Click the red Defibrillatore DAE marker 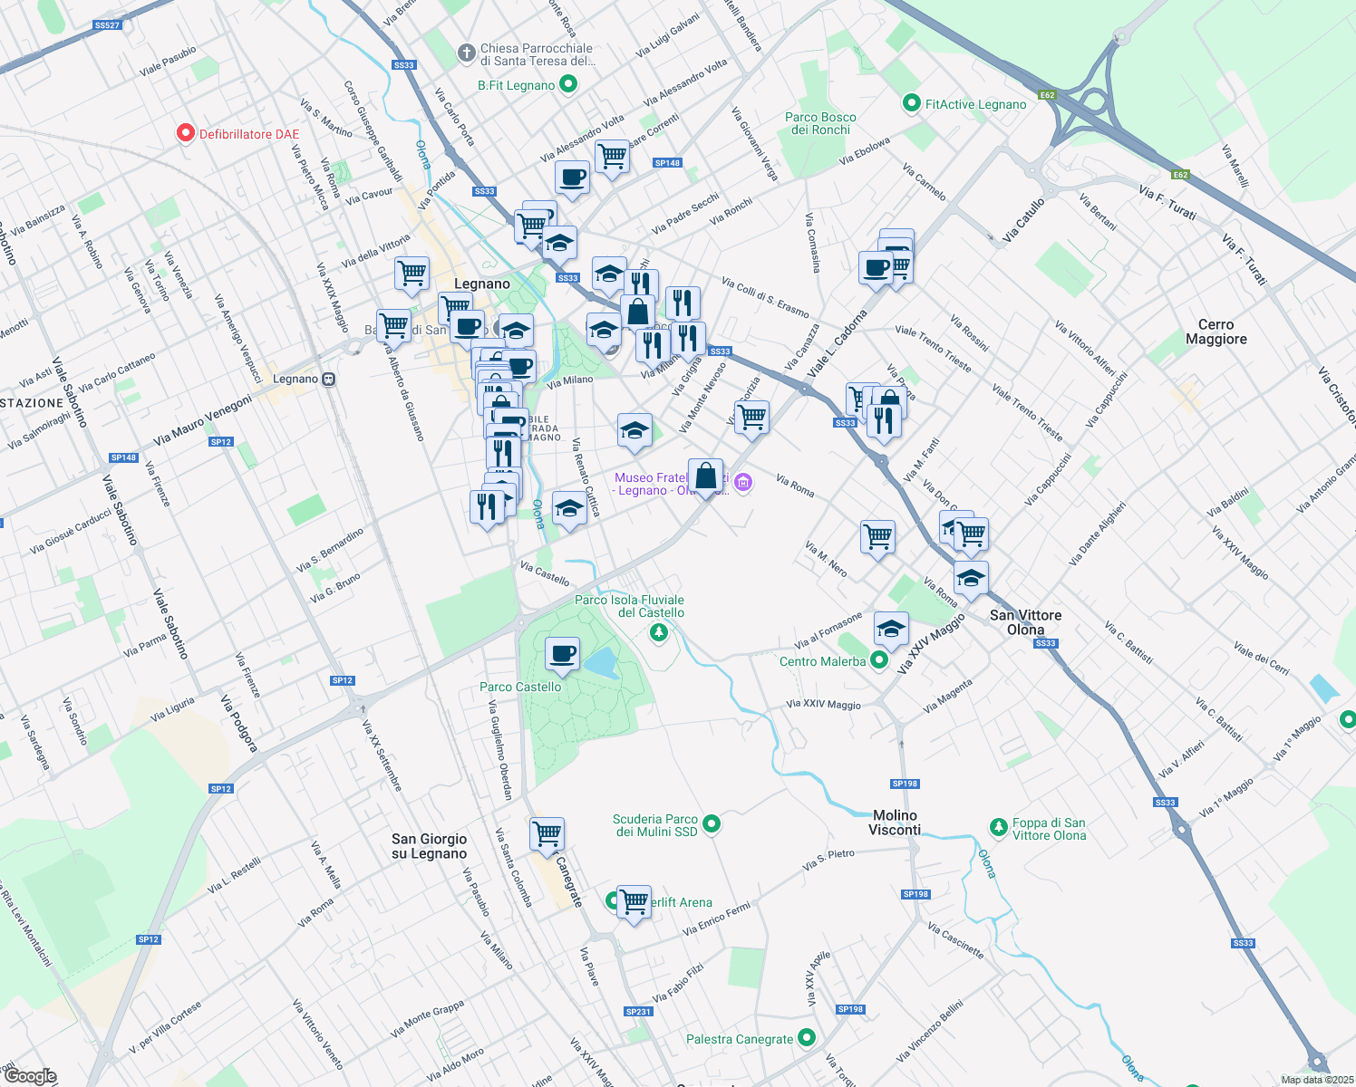click(x=185, y=134)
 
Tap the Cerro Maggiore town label click(x=1216, y=332)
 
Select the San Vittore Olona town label click(x=1025, y=622)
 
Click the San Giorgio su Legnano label click(x=429, y=846)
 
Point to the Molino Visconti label click(x=895, y=822)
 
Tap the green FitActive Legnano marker click(x=912, y=104)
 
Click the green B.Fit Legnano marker click(x=568, y=85)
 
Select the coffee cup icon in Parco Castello click(x=562, y=654)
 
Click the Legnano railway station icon click(x=329, y=379)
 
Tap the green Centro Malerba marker click(x=878, y=661)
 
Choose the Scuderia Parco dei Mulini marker click(x=712, y=824)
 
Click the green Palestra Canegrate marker click(x=807, y=1039)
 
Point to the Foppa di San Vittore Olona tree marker click(x=998, y=827)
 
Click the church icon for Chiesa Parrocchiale click(x=466, y=53)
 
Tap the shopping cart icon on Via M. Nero click(x=877, y=536)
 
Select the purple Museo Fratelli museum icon click(x=743, y=483)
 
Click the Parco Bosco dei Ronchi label click(x=820, y=123)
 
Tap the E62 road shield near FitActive click(x=1047, y=95)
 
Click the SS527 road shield click(x=107, y=25)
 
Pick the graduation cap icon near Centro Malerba click(x=891, y=628)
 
